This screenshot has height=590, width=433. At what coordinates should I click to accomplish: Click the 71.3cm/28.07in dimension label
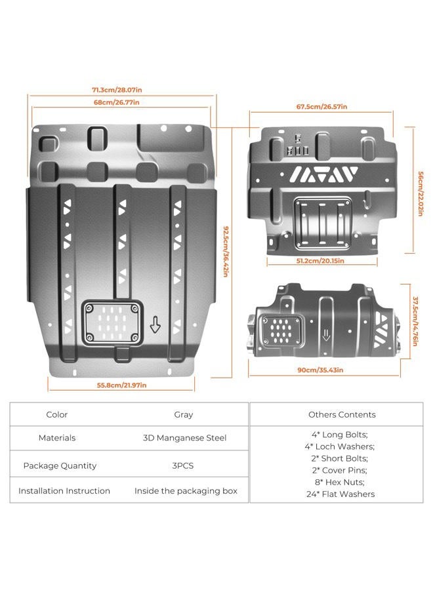coord(117,90)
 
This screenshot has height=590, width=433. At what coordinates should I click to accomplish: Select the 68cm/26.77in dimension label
coord(116,102)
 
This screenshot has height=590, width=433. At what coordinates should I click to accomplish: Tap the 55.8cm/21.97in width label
coord(121,385)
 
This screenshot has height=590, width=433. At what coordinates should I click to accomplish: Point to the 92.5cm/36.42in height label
coord(226,251)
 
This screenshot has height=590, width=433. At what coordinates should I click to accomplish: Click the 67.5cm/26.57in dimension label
coord(321,107)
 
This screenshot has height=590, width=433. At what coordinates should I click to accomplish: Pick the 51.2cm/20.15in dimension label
coord(320,261)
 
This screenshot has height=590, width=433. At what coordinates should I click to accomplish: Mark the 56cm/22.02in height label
coord(421,194)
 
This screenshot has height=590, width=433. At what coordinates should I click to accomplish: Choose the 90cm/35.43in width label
coord(320,370)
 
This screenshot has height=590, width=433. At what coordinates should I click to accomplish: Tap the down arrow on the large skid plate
coord(155,324)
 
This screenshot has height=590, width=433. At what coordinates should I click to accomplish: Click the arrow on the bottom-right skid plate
coord(326,334)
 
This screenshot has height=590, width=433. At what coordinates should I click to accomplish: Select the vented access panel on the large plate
coord(112,323)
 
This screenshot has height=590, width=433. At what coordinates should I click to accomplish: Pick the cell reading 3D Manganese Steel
coord(184,438)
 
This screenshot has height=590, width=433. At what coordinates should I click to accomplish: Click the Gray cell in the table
coord(183,415)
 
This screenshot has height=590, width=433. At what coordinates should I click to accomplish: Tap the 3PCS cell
coord(182,466)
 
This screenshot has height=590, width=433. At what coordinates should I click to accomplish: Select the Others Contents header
coord(342,415)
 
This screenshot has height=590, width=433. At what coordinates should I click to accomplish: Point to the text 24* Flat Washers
coord(340,494)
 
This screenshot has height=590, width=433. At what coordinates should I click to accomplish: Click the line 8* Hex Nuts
coord(340,482)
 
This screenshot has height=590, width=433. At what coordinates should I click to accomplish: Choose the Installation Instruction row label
coord(64,491)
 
